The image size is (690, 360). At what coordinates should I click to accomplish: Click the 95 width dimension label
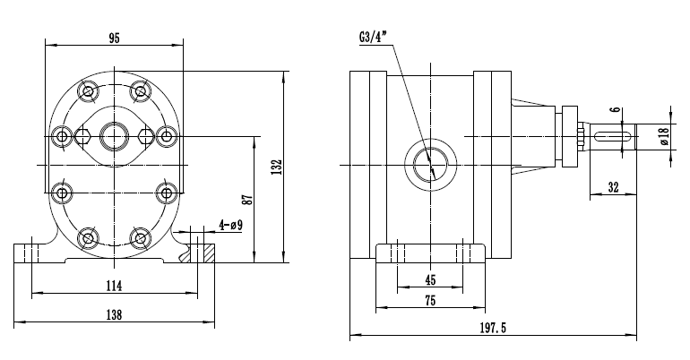point(114,38)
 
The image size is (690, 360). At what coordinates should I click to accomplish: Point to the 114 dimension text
point(114,285)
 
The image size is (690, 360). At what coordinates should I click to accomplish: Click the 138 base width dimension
point(114,315)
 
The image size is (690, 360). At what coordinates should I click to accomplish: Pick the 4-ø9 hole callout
point(231,225)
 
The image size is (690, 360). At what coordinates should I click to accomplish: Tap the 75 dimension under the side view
point(430,303)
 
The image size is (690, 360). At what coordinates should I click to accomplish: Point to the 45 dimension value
point(430,279)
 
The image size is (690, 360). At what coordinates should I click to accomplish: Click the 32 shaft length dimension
point(613,187)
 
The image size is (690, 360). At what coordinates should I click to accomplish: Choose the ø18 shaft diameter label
point(663,135)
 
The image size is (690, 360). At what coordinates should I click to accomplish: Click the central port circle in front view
point(114,136)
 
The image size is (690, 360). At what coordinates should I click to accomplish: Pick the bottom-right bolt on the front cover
point(139,237)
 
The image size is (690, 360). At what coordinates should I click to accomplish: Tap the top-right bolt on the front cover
point(139,90)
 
